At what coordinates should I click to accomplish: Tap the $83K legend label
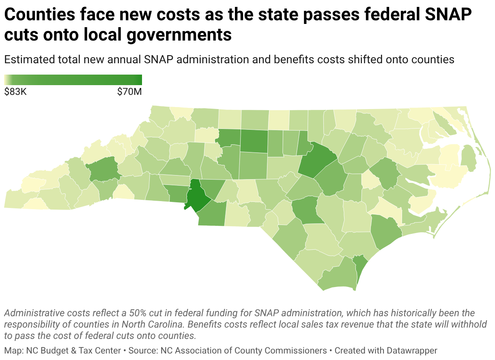coord(15,92)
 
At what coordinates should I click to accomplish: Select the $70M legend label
coord(129,92)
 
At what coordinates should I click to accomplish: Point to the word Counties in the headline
coord(40,15)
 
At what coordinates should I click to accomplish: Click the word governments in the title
coord(179,35)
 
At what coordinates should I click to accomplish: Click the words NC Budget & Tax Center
coord(73,351)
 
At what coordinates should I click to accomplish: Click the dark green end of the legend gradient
coord(139,80)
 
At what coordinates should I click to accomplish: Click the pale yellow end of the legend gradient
coord(6,80)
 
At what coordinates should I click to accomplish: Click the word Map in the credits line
coord(13,351)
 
